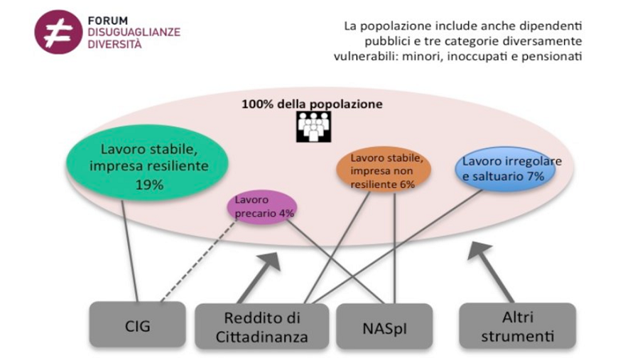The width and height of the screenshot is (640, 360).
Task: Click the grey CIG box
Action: point(138,326)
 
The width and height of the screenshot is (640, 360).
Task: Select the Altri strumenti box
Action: point(518,326)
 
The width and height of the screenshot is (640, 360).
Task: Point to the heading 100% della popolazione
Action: point(313,104)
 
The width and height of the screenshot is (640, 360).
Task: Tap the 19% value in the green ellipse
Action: point(150,185)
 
